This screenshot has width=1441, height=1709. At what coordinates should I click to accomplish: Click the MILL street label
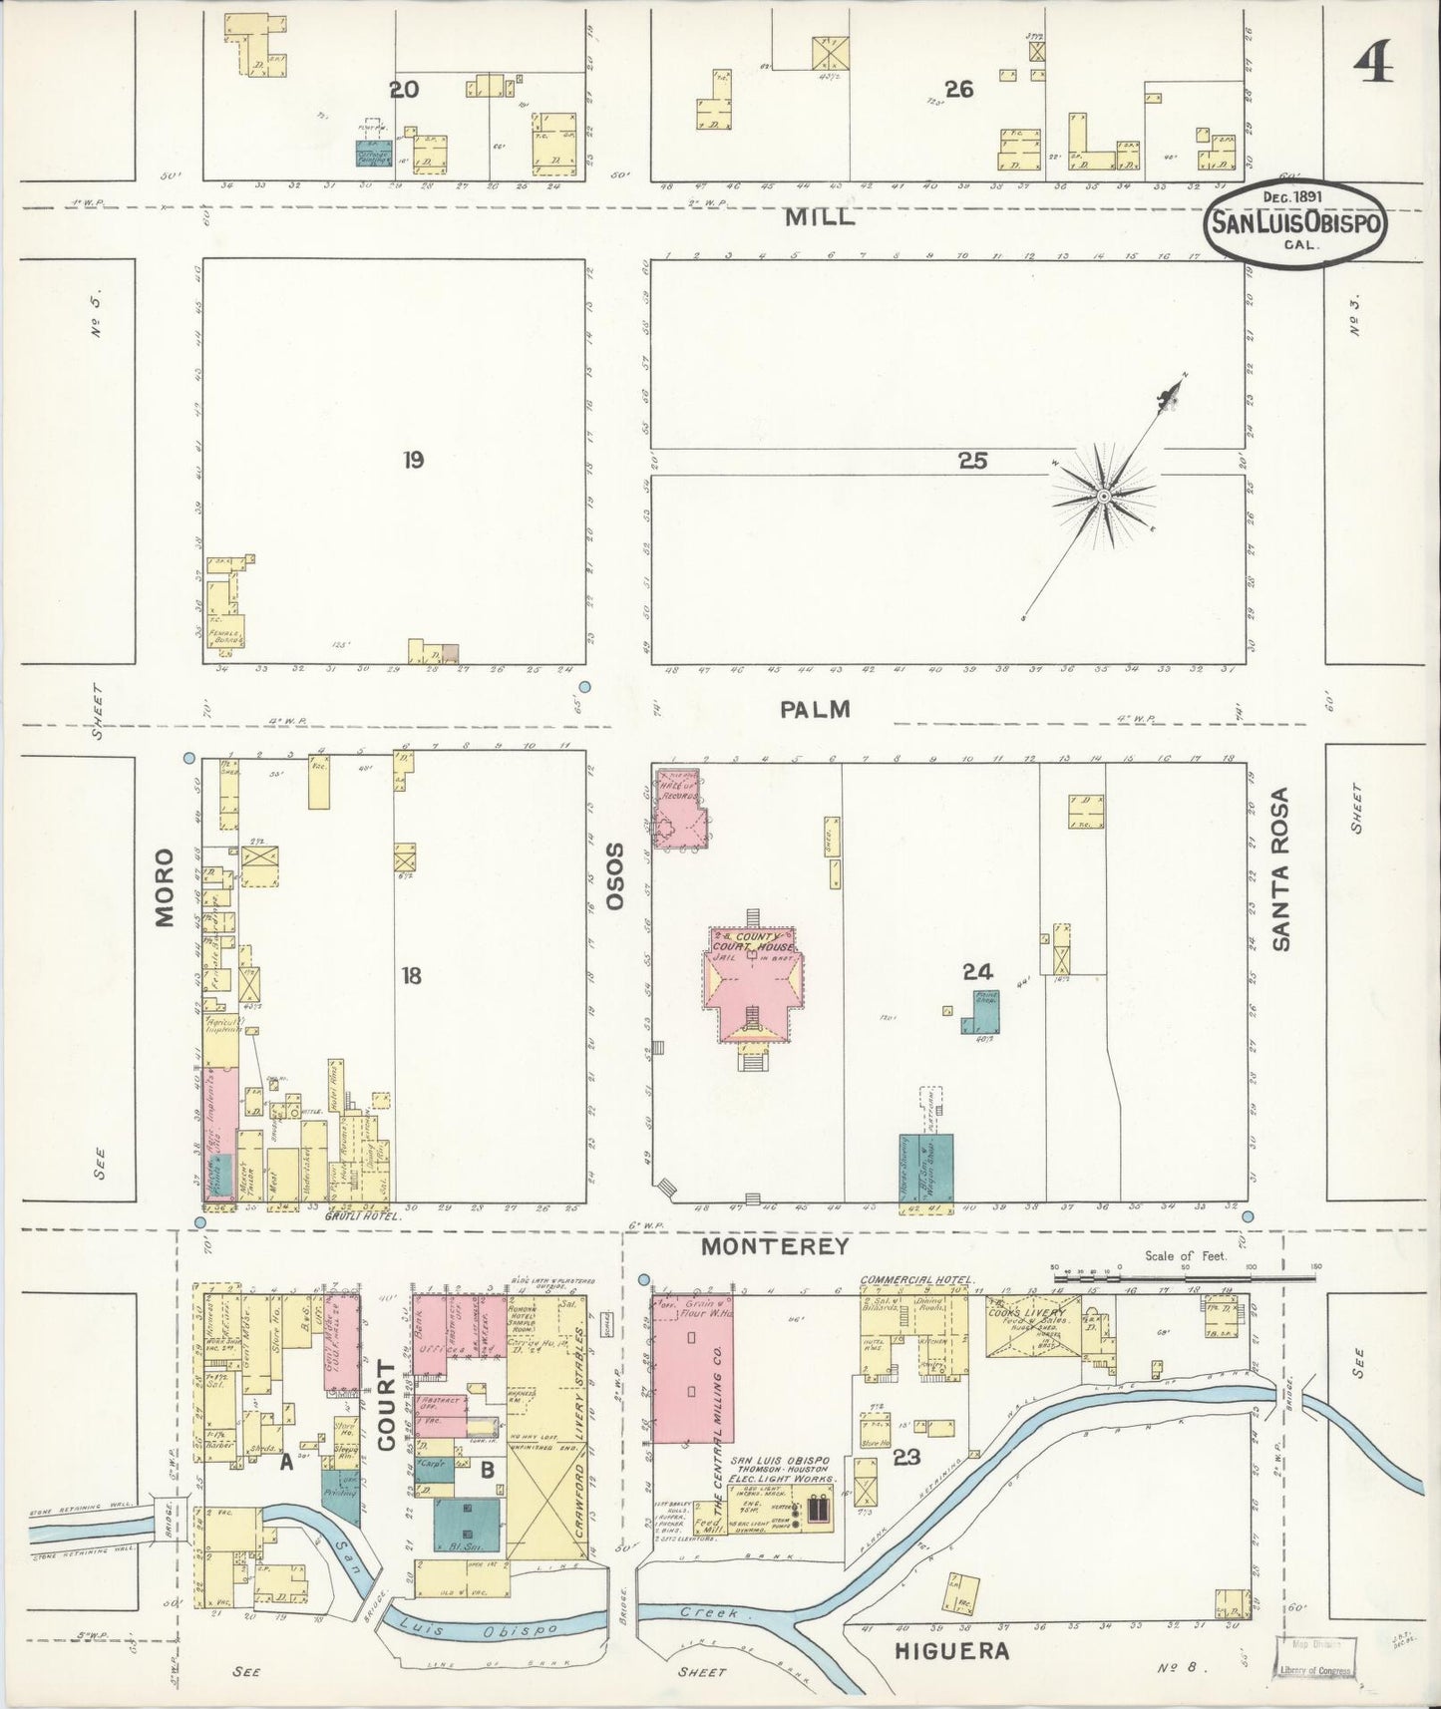click(818, 217)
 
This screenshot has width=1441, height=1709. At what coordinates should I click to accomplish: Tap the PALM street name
click(816, 709)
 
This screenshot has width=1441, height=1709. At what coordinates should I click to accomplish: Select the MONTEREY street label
click(774, 1246)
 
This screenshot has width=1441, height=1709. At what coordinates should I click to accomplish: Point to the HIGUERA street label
click(952, 1652)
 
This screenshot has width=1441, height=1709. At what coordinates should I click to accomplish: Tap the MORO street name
click(166, 886)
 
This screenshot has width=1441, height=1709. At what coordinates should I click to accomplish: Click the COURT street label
click(387, 1413)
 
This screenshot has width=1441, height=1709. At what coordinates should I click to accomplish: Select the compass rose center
click(1104, 496)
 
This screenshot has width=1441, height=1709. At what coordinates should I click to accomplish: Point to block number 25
click(972, 461)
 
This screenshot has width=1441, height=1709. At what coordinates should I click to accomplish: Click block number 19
click(413, 460)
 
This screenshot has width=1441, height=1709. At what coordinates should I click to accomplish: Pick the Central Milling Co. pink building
click(691, 1368)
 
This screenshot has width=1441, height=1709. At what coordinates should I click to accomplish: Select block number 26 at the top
click(958, 90)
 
